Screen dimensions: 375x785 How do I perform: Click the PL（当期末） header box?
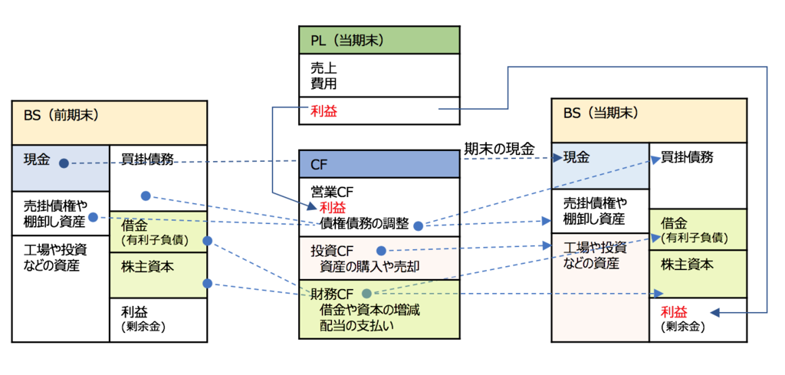379,39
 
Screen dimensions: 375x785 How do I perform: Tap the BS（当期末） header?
649,121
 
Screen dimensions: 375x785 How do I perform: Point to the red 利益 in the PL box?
323,111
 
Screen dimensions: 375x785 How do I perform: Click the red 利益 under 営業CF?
333,208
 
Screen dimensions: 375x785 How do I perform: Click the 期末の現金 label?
499,150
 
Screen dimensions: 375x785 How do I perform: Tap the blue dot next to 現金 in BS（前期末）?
64,163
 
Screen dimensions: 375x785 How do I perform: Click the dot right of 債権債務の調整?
418,225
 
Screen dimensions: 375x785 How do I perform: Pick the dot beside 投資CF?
381,250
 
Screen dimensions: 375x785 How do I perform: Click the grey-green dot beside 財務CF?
366,293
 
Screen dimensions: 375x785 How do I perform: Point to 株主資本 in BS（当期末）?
687,265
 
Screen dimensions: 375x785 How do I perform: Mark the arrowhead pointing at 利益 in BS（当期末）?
714,312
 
